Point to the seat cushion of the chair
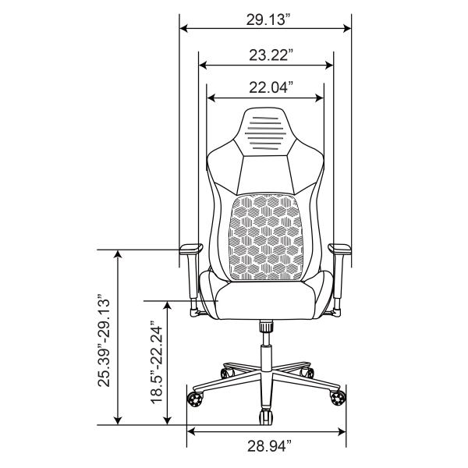[265, 301]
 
